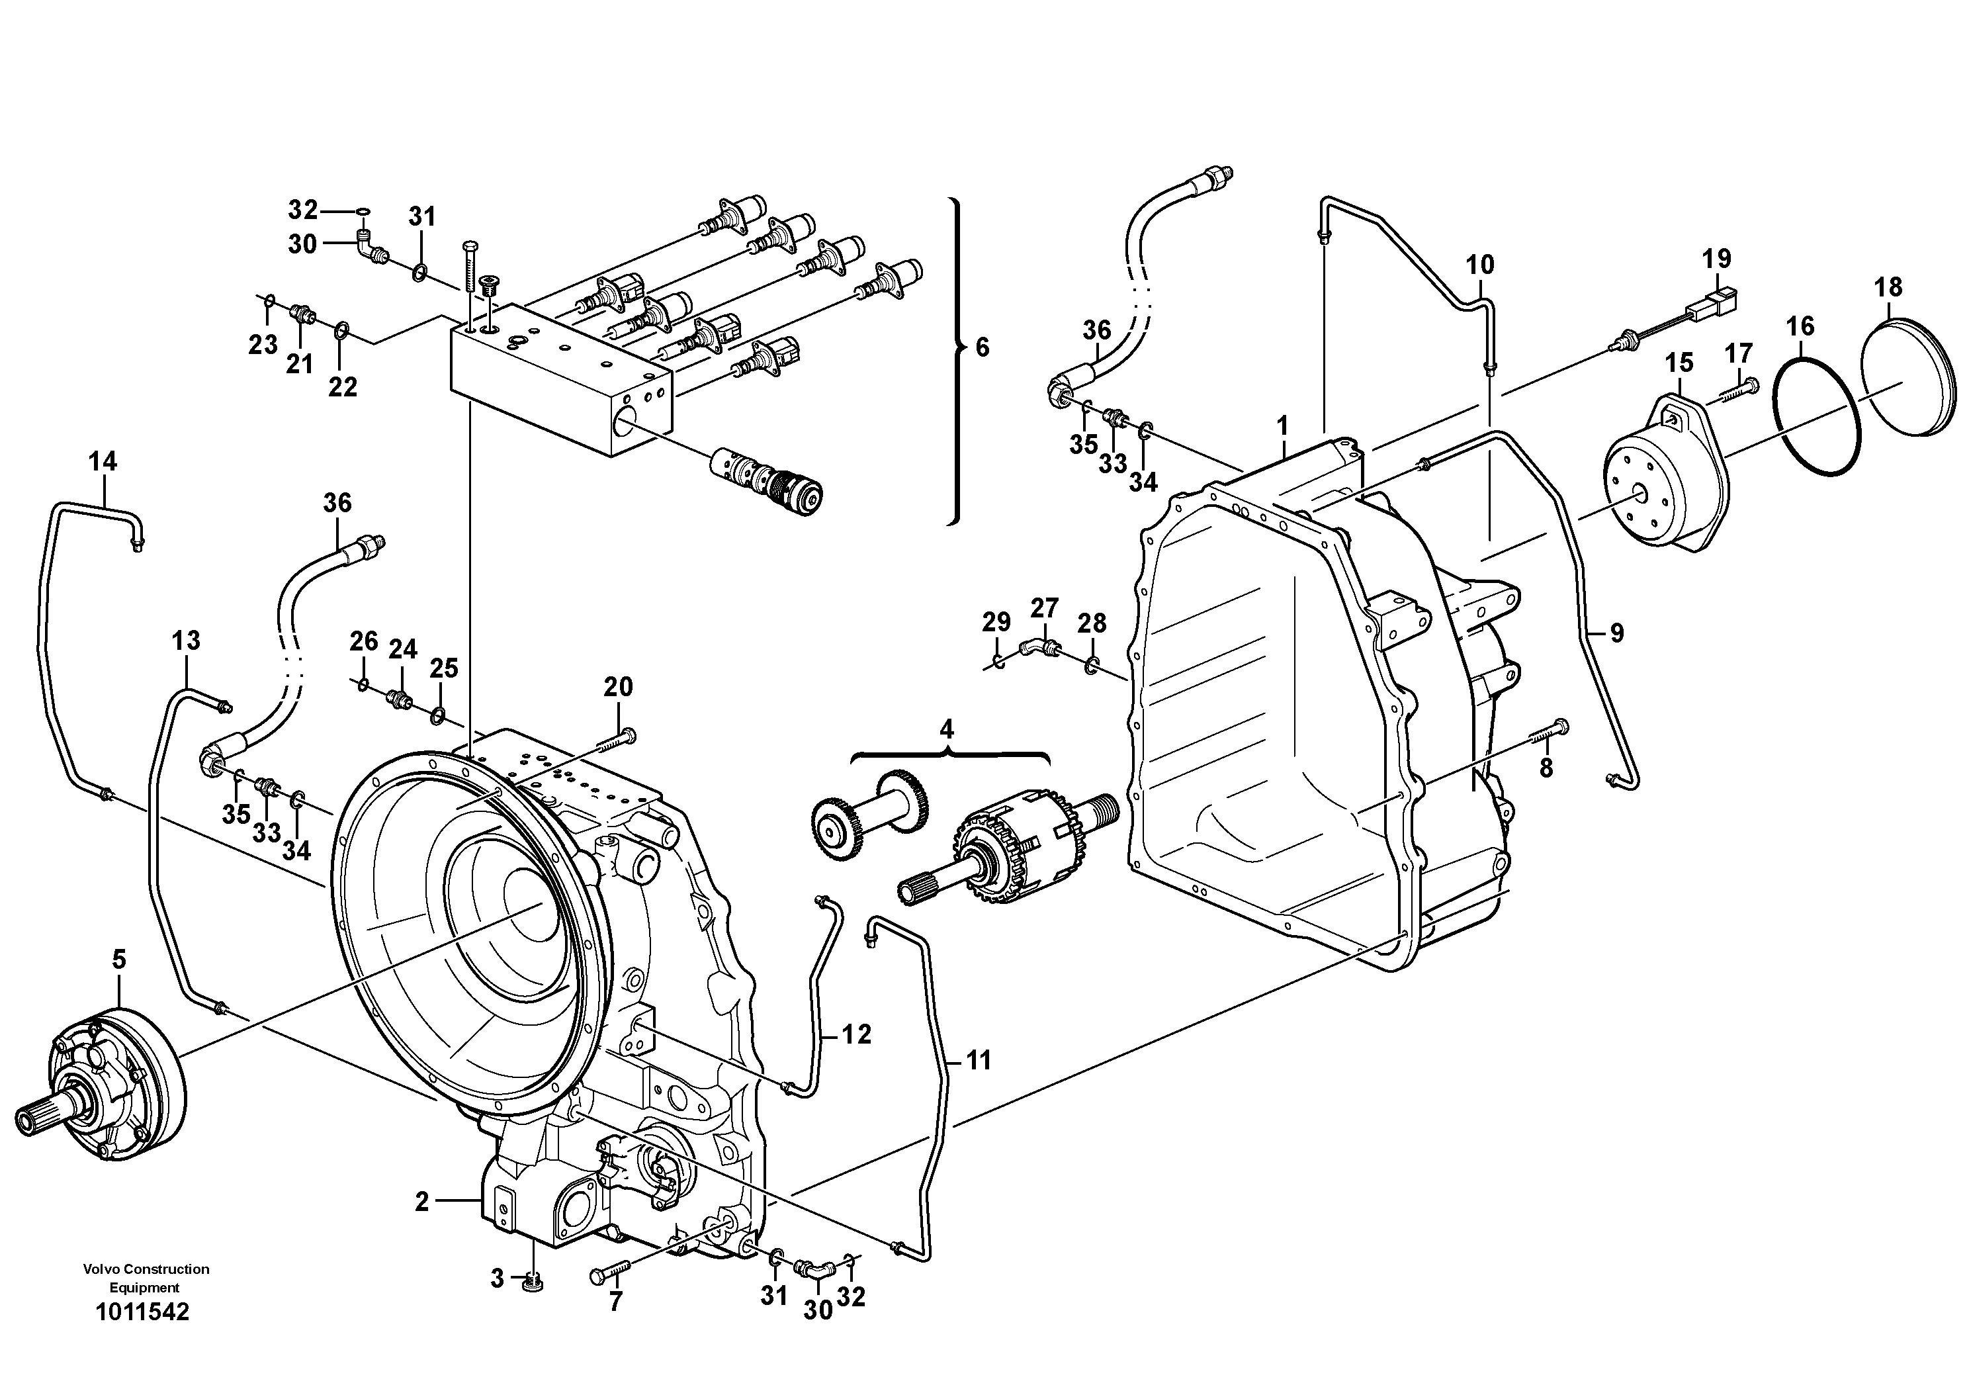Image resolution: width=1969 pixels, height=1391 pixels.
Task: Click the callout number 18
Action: pyautogui.click(x=1888, y=287)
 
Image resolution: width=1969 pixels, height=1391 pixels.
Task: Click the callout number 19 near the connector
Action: pyautogui.click(x=1716, y=258)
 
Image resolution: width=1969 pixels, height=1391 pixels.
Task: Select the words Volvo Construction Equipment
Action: pyautogui.click(x=146, y=1278)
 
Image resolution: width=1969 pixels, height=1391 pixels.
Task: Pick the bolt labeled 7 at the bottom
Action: pyautogui.click(x=610, y=1275)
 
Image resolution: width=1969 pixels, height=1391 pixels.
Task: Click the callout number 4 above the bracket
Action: pyautogui.click(x=946, y=730)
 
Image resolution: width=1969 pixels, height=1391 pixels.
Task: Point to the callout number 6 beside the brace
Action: pyautogui.click(x=982, y=347)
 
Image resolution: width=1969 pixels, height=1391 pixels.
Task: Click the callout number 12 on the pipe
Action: pyautogui.click(x=856, y=1034)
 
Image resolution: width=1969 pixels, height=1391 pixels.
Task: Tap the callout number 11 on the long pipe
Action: pyautogui.click(x=978, y=1060)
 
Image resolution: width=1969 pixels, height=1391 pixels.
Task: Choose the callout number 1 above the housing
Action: pyautogui.click(x=1283, y=426)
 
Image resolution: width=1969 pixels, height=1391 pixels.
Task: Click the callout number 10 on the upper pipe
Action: pyautogui.click(x=1479, y=264)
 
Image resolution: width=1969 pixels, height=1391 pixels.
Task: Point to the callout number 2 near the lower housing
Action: pyautogui.click(x=421, y=1202)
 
